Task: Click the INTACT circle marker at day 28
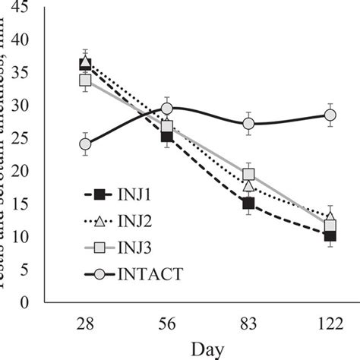pos(85,144)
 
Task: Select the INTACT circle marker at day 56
pos(167,109)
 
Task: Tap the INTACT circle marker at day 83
pos(248,123)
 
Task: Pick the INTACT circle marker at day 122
pos(330,115)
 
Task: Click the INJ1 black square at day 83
pos(248,203)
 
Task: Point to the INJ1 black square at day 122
pos(330,235)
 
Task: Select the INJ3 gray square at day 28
pos(85,80)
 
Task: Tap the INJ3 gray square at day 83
pos(248,174)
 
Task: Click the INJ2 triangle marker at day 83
pos(248,185)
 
